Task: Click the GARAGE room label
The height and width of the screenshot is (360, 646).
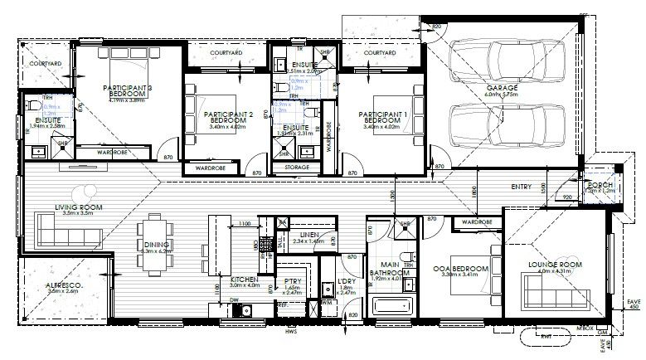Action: point(503,87)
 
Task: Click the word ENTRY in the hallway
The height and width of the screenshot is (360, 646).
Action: point(522,186)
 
